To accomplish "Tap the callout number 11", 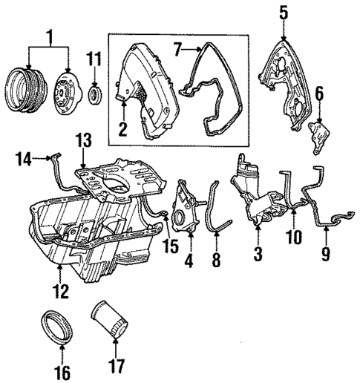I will tap(94, 58).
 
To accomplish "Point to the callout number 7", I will tap(177, 50).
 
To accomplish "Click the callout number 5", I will tap(283, 12).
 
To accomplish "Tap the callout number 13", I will tap(84, 140).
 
